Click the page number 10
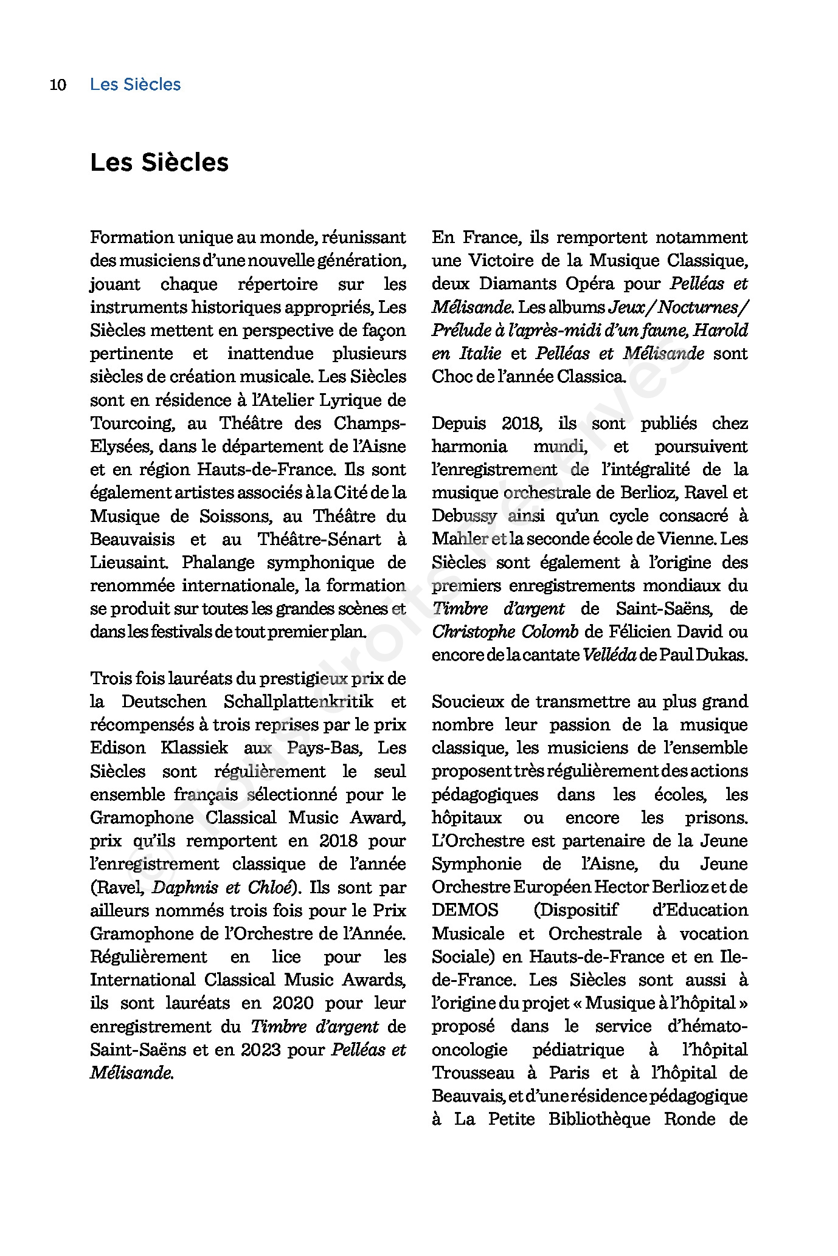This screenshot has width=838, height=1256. [x=58, y=84]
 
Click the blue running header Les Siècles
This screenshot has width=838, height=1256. [x=135, y=84]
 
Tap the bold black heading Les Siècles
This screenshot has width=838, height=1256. [x=159, y=162]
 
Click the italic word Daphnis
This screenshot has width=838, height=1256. [x=185, y=888]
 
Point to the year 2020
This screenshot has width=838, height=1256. [x=293, y=1003]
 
